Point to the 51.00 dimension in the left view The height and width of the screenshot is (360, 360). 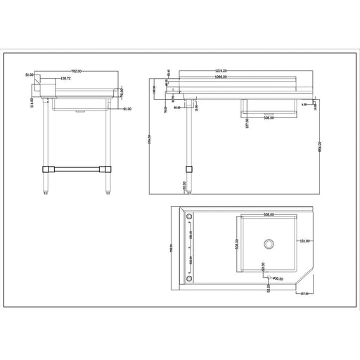[30, 74]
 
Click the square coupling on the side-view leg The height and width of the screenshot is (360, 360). [188, 169]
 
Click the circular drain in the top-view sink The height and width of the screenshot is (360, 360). [268, 244]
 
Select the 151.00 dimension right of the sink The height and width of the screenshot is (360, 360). [304, 242]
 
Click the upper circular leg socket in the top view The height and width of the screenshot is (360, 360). [189, 217]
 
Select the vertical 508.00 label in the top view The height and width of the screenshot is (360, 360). [237, 245]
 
